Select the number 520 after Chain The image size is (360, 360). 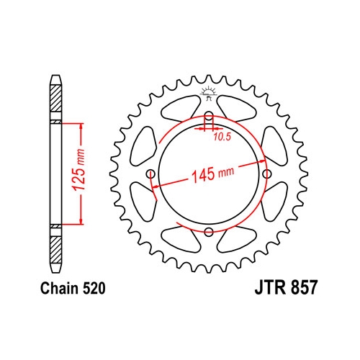click(x=94, y=289)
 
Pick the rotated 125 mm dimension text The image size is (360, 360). click(x=80, y=173)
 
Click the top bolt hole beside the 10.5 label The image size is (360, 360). click(x=209, y=119)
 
